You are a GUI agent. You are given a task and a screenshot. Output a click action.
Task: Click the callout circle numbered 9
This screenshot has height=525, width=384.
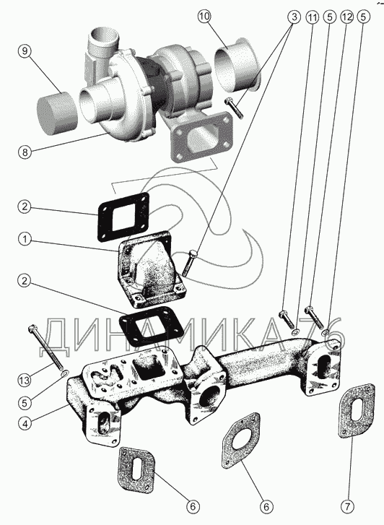pyautogui.click(x=25, y=51)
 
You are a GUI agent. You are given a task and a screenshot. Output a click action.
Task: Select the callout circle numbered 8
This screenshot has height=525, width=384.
pyautogui.click(x=25, y=152)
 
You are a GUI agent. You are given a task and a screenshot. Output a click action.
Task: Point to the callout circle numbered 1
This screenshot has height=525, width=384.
pyautogui.click(x=25, y=240)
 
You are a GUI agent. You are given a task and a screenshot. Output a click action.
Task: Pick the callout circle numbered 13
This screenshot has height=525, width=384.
pyautogui.click(x=25, y=381)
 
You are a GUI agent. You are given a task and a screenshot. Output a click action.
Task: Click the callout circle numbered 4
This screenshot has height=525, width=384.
pyautogui.click(x=25, y=423)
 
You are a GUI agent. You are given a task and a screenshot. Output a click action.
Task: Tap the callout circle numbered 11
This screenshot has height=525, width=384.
pyautogui.click(x=312, y=17)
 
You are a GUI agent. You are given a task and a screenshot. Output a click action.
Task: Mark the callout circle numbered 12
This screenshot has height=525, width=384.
pyautogui.click(x=346, y=17)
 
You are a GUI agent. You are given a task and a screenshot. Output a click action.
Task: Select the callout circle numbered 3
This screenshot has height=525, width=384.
pyautogui.click(x=294, y=17)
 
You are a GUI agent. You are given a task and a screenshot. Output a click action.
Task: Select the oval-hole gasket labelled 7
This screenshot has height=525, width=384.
pyautogui.click(x=356, y=410)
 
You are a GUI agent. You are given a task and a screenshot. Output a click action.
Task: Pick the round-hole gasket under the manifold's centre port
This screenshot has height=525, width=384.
pyautogui.click(x=240, y=441)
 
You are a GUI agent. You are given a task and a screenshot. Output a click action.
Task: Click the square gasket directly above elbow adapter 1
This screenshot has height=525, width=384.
pyautogui.click(x=123, y=217)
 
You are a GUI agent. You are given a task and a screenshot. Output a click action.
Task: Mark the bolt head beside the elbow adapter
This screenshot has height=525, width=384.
pyautogui.click(x=193, y=254)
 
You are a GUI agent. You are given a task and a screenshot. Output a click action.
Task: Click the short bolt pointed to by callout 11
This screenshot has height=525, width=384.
pyautogui.click(x=286, y=319)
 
